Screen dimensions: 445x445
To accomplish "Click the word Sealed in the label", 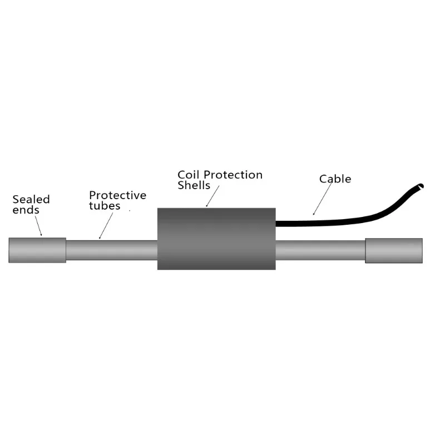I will pos(31,199).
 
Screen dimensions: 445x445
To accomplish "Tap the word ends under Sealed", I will pos(26,210).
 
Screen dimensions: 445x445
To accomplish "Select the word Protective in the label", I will pos(117,195).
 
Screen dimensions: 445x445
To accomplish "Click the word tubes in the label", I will pos(105,206).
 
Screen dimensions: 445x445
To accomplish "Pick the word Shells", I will pos(194,185).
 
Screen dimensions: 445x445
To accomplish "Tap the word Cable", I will pos(335,179).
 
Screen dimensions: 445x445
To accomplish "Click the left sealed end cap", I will pos(37,250).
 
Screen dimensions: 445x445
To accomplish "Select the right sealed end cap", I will pos(393,250).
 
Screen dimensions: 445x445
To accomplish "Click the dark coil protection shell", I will pos(216,239).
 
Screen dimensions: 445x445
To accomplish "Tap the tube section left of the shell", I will pos(111,250).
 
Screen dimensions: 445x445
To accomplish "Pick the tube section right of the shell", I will pos(320,250).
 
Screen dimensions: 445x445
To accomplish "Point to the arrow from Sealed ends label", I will pos(39,226).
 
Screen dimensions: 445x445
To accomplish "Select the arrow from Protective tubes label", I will pos(106,225).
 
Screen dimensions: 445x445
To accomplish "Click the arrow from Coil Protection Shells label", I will pos(213,197).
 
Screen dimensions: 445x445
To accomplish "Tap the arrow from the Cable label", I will pos(323,199).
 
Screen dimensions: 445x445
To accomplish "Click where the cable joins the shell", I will pos(278,224).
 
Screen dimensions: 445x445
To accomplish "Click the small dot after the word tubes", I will pos(130,211).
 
